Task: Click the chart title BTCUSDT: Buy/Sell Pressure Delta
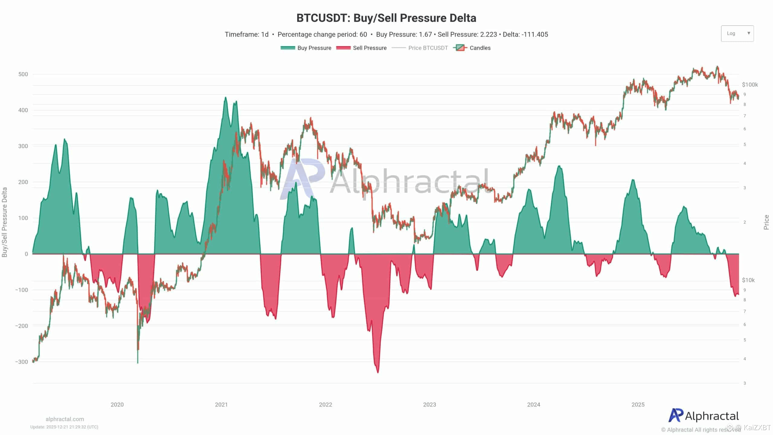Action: pyautogui.click(x=386, y=18)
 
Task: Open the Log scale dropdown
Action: pyautogui.click(x=737, y=34)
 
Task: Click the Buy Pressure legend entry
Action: pyautogui.click(x=306, y=48)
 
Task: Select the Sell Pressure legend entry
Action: pyautogui.click(x=361, y=48)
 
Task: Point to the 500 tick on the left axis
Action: pyautogui.click(x=23, y=74)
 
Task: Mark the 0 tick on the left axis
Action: pyautogui.click(x=26, y=254)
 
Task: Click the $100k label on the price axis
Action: pyautogui.click(x=750, y=85)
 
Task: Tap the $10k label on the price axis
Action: pyautogui.click(x=748, y=280)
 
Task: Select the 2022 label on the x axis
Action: pyautogui.click(x=325, y=405)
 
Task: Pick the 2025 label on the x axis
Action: pyautogui.click(x=638, y=405)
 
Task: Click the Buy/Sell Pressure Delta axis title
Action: pyautogui.click(x=5, y=222)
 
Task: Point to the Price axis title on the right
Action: pyautogui.click(x=766, y=222)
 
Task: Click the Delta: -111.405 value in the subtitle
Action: pyautogui.click(x=525, y=34)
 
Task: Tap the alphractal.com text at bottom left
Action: pyautogui.click(x=65, y=419)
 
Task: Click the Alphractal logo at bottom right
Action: pyautogui.click(x=704, y=416)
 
